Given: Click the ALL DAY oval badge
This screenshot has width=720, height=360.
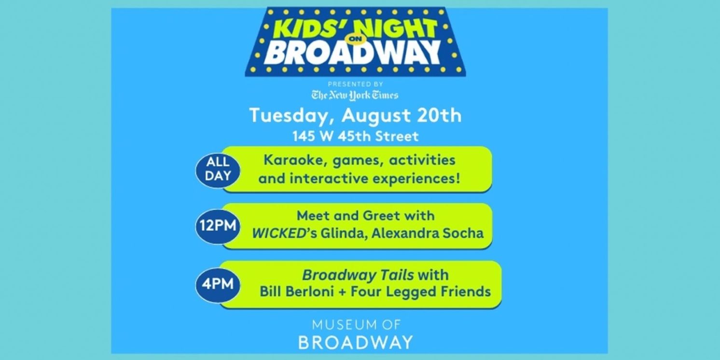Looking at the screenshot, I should [x=217, y=169].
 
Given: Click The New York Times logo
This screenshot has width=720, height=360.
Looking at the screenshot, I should [x=355, y=95].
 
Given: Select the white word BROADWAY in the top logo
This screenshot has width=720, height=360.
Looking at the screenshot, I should [x=352, y=53].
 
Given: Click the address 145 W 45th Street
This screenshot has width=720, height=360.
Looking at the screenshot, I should [x=355, y=137].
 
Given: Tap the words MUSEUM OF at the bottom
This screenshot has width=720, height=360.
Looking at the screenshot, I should [x=356, y=324].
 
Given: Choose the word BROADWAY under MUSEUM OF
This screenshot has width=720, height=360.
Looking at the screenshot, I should [x=356, y=342].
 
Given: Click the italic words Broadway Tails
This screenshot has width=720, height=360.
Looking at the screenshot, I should [x=358, y=275].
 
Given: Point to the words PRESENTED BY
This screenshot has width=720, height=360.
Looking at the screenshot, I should [x=356, y=84].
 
